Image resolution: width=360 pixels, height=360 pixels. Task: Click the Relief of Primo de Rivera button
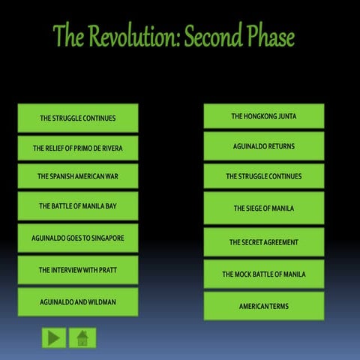[77, 148]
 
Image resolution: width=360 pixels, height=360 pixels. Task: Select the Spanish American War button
[77, 176]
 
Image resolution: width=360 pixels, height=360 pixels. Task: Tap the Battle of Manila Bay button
[77, 205]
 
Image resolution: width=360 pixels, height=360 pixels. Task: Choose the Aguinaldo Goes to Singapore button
[77, 238]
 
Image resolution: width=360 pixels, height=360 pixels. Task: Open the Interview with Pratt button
[77, 269]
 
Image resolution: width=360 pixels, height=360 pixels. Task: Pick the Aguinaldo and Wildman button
[77, 301]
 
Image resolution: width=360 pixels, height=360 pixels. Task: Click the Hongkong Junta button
[263, 116]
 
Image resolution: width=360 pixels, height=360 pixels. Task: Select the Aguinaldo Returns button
[263, 145]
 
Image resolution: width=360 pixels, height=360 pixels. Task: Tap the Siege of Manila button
[263, 208]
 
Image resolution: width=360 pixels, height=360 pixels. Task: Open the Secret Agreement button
[263, 242]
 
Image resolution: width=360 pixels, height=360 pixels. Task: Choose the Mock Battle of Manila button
[263, 274]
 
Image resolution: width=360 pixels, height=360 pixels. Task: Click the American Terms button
[263, 306]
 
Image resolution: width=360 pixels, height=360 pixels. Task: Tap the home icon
[82, 338]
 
